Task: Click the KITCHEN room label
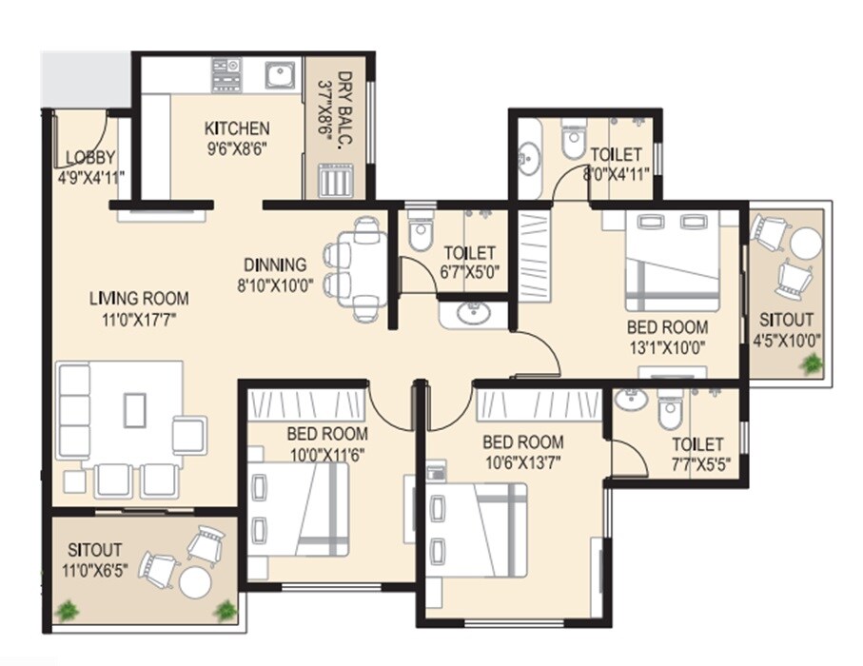[x=237, y=128]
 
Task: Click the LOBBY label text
[x=89, y=158]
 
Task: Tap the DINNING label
[x=275, y=264]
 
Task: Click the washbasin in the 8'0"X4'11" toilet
[x=529, y=154]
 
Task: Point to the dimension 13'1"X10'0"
[x=666, y=347]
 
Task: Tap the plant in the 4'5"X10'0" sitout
[x=812, y=363]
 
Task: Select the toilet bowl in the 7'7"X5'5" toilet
[x=670, y=411]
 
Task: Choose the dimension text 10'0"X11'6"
[x=326, y=455]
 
